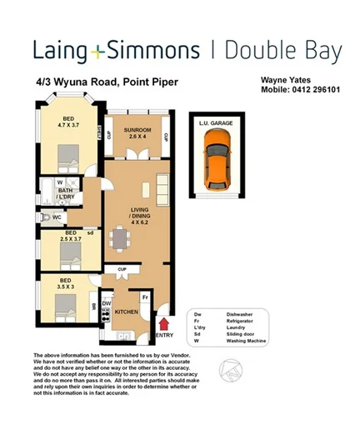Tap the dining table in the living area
click(122, 241)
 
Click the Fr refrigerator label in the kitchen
click(144, 296)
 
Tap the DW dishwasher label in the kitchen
click(107, 304)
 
